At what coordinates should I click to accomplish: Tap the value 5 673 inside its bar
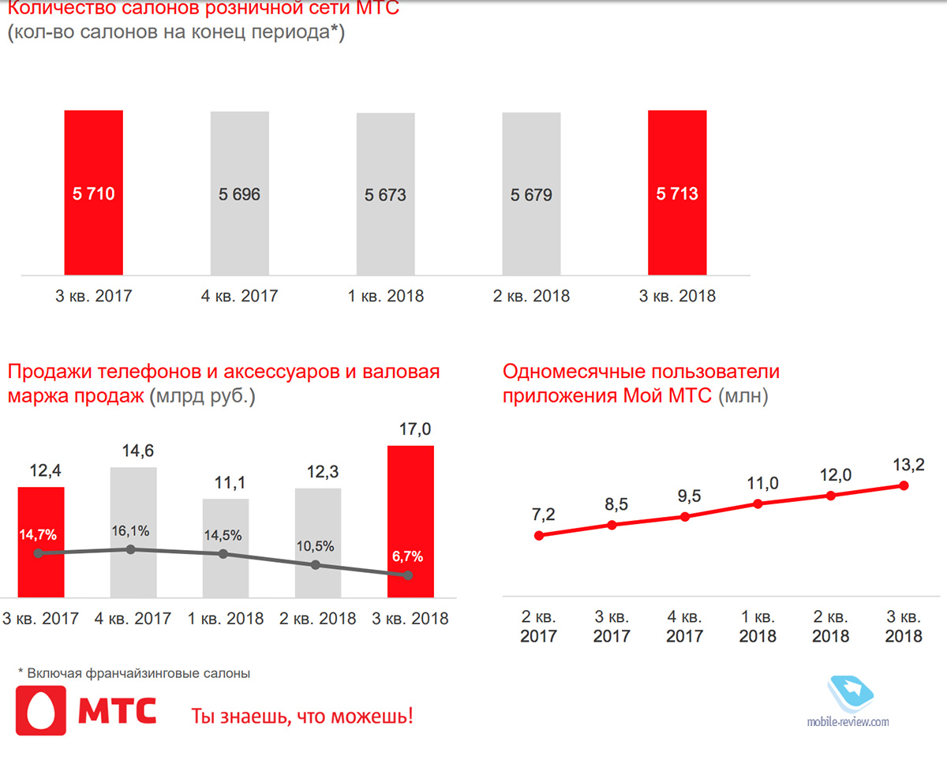385,194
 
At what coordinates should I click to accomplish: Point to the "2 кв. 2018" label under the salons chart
531,297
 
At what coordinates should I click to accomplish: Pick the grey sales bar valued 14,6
133,505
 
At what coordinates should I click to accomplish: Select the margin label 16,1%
133,530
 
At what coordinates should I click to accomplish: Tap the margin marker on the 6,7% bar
408,576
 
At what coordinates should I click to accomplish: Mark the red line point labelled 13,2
904,485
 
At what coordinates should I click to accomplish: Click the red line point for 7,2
539,535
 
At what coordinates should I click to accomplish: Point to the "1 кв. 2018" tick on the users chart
758,625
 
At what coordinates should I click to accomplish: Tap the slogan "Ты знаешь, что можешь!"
302,717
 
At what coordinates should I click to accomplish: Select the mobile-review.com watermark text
848,721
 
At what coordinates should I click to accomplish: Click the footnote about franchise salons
134,673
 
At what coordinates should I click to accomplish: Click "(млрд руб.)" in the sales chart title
200,396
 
